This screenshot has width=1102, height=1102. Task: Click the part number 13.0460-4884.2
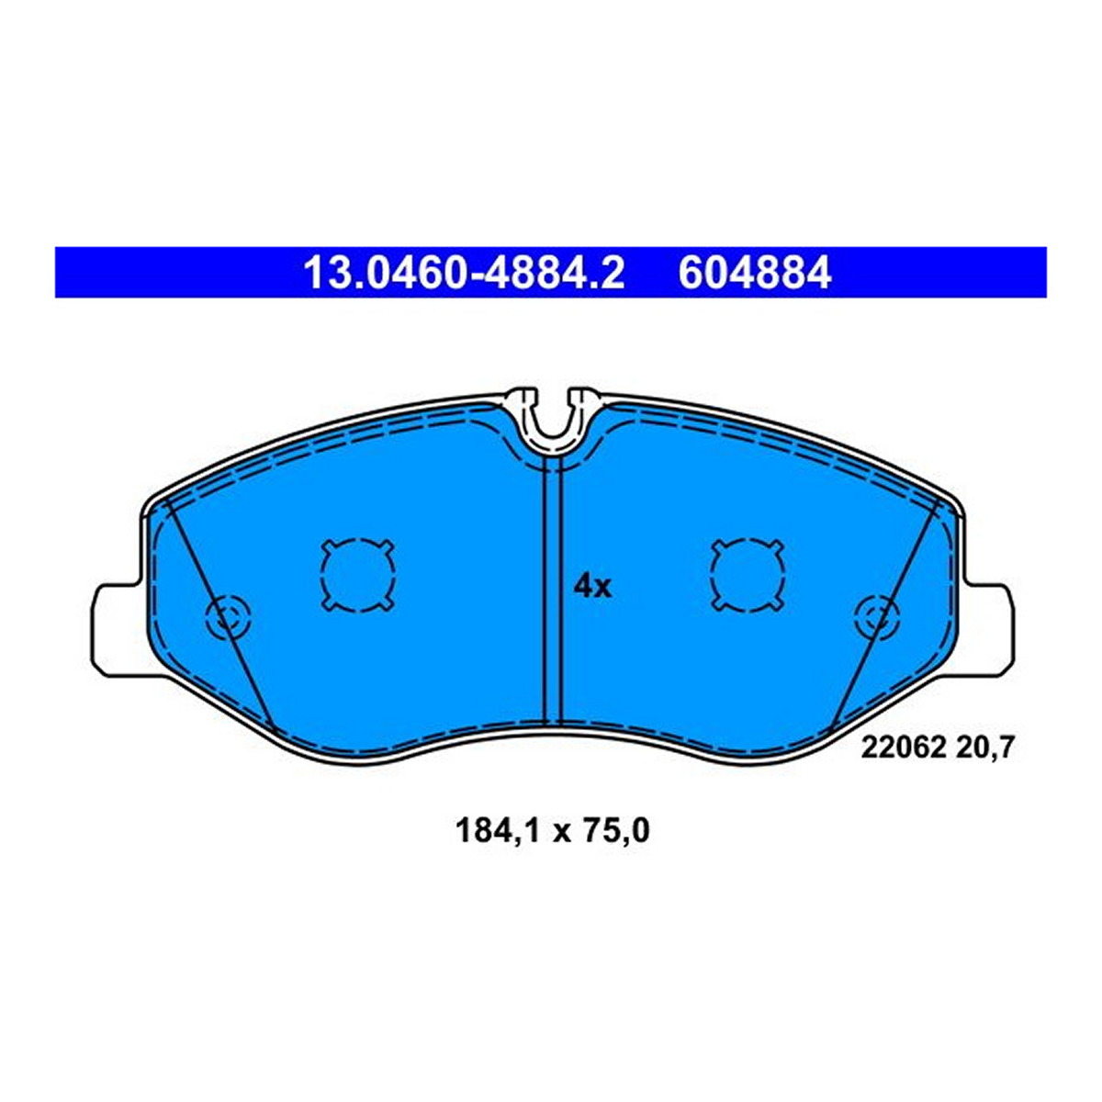(x=464, y=273)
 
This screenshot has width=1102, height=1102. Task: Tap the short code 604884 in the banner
(x=754, y=273)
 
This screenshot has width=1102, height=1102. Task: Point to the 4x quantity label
(x=592, y=588)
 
